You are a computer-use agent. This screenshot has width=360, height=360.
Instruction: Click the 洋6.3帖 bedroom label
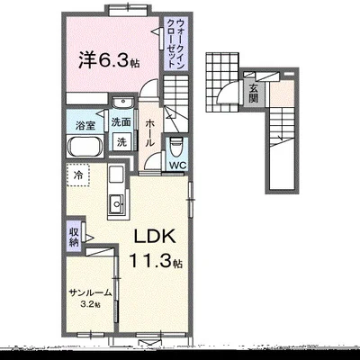(109, 60)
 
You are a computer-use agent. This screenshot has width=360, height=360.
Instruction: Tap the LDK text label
(154, 237)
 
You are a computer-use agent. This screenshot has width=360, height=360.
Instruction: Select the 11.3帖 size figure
(156, 260)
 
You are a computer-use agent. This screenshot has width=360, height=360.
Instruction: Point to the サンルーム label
(91, 292)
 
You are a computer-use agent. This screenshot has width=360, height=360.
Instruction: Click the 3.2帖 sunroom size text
(90, 304)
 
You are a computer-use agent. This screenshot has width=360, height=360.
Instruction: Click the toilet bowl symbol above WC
(176, 148)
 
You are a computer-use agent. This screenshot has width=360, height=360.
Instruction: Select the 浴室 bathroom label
(85, 125)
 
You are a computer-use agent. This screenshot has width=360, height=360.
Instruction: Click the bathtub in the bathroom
(85, 147)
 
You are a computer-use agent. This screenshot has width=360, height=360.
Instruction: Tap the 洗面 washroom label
(121, 122)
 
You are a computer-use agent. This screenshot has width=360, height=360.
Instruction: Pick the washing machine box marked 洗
(121, 141)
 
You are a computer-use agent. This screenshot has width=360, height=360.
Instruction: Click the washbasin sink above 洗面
(122, 103)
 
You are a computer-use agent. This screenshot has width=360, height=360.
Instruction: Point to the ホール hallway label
(149, 133)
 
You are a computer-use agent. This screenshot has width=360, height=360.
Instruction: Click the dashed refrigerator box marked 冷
(77, 175)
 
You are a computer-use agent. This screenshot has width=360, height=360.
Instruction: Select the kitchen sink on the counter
(116, 204)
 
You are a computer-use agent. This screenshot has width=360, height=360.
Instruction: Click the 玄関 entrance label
(254, 94)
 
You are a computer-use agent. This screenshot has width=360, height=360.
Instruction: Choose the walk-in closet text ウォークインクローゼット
(175, 43)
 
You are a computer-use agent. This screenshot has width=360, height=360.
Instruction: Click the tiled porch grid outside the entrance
(222, 82)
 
